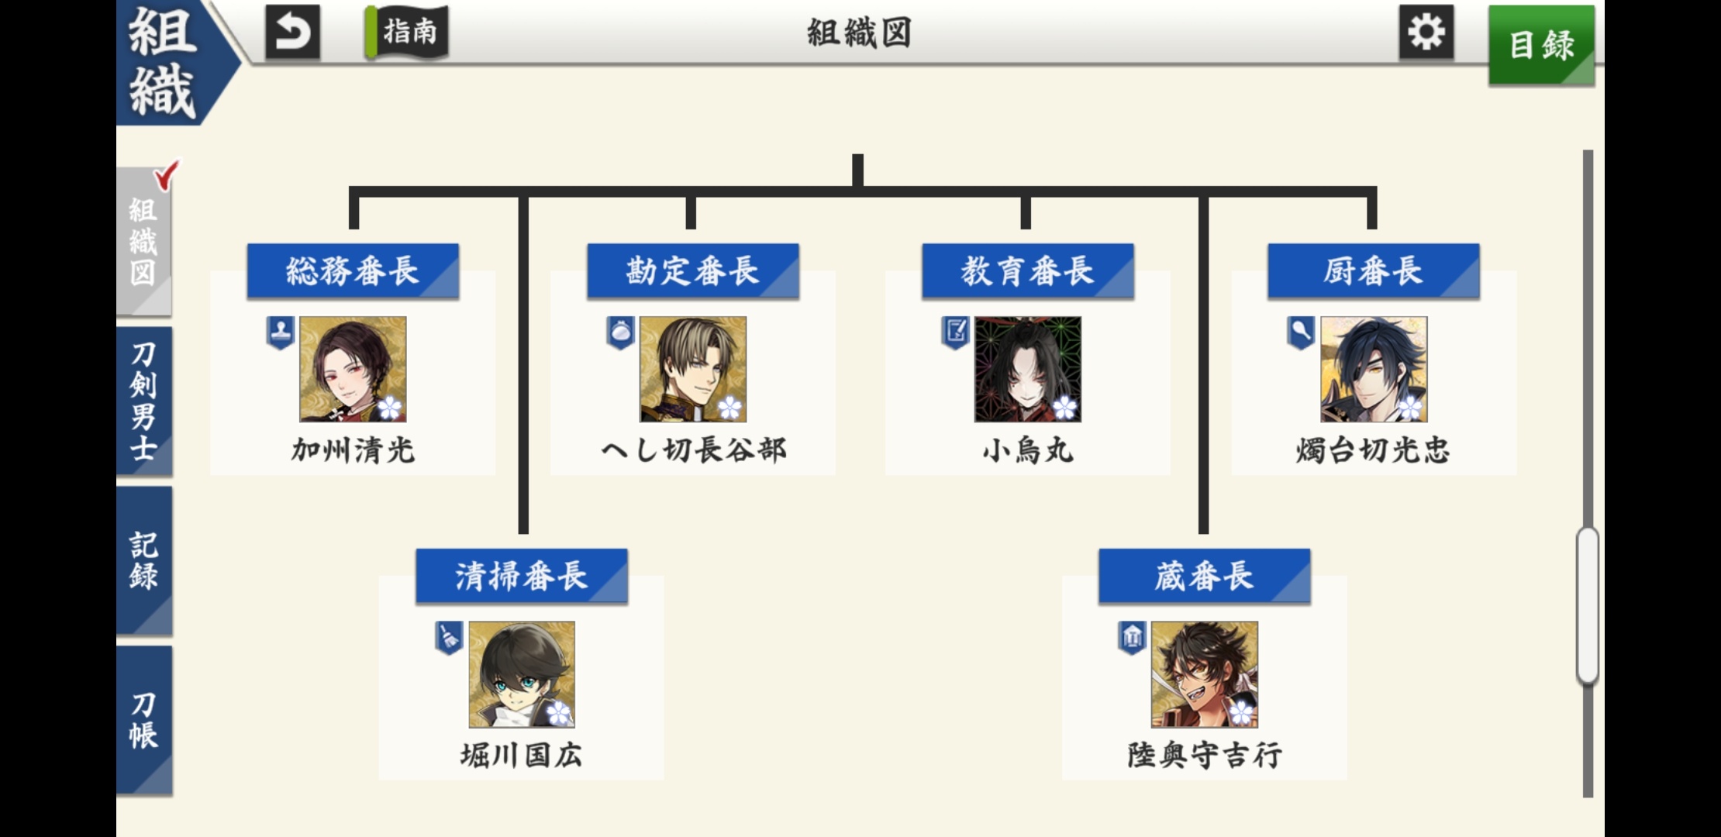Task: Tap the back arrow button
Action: coord(292,33)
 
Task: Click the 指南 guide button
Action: coord(408,33)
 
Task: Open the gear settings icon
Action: coord(1426,33)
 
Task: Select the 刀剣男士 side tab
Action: coord(143,401)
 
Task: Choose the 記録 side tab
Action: coord(143,561)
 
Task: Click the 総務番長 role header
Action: coord(353,271)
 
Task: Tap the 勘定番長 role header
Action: coord(692,271)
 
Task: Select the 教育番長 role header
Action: coord(1027,271)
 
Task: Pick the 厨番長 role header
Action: coord(1373,271)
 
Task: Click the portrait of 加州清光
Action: coord(353,369)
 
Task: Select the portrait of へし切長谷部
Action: coord(692,369)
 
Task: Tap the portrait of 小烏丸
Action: coord(1027,369)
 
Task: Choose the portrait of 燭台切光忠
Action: coord(1373,369)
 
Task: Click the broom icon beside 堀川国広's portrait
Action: coord(449,638)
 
